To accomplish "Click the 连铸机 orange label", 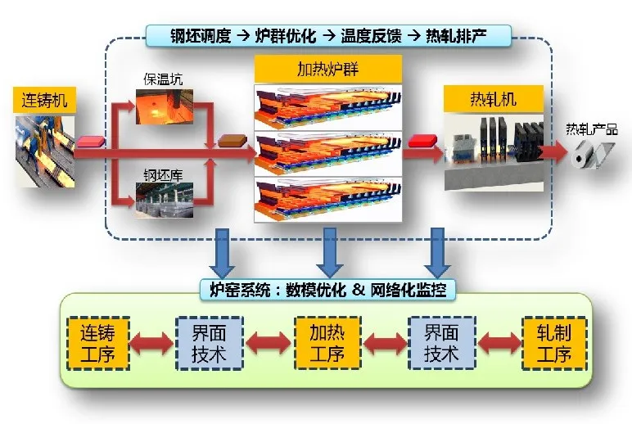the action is [x=44, y=100].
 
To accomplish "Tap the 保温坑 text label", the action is [x=163, y=79].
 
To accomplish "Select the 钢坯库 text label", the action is [x=163, y=174].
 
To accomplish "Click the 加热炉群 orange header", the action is [x=327, y=69].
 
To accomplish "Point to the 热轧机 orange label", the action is [x=494, y=99].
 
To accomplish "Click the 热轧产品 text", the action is [x=592, y=129].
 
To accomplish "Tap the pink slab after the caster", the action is [x=90, y=141].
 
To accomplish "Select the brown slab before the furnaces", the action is [x=232, y=141].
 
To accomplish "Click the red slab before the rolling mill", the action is [x=422, y=141].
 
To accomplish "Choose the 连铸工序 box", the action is [x=98, y=344].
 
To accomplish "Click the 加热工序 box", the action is [x=327, y=344].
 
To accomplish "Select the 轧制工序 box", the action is [x=554, y=344].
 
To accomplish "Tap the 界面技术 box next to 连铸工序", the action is [x=210, y=344].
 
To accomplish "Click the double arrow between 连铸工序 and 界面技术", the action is [x=152, y=344].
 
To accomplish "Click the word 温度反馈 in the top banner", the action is [x=371, y=36].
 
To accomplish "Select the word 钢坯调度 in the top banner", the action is [x=201, y=36].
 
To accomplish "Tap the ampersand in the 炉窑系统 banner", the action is [x=358, y=289].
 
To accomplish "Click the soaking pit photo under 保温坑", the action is [x=165, y=106].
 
